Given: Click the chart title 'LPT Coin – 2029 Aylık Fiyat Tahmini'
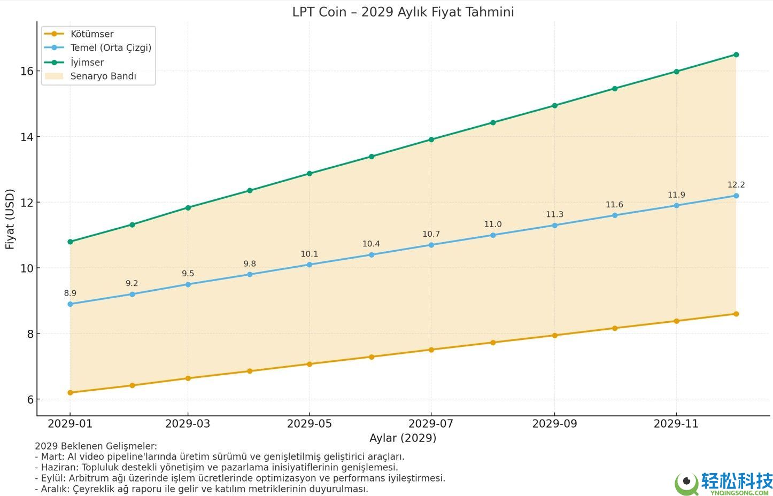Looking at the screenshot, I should click(403, 12).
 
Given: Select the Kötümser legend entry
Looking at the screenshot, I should click(92, 34).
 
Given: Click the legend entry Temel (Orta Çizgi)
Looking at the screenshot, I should click(111, 48).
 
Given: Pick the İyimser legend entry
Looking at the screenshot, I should click(87, 62).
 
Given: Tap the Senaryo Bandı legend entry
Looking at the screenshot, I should click(103, 76).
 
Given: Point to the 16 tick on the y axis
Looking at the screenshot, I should click(27, 71).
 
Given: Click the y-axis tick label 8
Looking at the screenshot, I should click(30, 334).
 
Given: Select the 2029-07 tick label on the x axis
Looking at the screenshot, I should click(431, 424).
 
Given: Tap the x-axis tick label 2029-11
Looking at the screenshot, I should click(676, 424).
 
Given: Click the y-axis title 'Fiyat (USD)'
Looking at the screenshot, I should click(10, 219).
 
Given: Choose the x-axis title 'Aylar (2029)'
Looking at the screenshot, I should click(403, 438).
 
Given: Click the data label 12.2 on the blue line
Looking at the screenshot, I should click(736, 185).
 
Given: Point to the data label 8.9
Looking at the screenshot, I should click(70, 293).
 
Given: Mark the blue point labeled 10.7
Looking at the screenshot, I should click(431, 245).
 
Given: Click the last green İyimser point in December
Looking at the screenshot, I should click(736, 55).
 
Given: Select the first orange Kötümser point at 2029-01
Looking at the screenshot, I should click(70, 393).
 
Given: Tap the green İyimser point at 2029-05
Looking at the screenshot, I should click(310, 174).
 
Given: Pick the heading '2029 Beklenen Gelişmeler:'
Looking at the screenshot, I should click(96, 446).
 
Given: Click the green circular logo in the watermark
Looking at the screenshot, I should click(686, 483).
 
